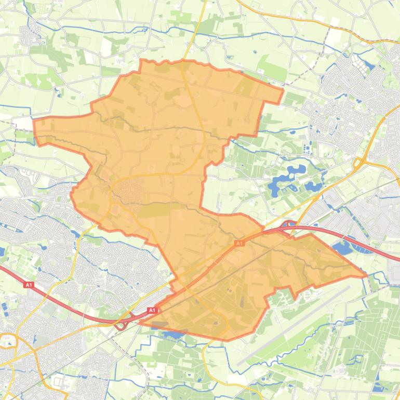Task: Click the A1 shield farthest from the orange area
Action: [x=29, y=285]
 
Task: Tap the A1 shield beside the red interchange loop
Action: [x=152, y=311]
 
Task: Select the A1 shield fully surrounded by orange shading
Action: [x=239, y=243]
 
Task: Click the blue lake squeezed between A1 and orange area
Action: [x=343, y=248]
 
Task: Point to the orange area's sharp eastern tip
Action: [x=365, y=274]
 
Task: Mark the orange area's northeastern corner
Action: [x=283, y=90]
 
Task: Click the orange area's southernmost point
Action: [x=226, y=340]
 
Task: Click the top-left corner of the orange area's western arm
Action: [x=34, y=121]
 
